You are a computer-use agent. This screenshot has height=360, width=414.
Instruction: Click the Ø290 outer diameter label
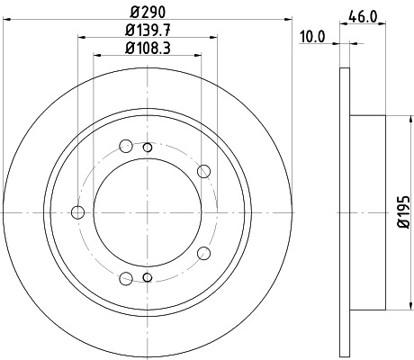coord(147,13)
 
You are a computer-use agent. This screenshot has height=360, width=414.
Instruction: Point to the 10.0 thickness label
coord(312,36)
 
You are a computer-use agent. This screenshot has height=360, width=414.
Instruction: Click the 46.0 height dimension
coord(363,15)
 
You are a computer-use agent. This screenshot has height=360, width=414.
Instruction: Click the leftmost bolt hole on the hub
coord(77,212)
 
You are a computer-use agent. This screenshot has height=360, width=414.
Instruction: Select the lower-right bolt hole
coord(203,254)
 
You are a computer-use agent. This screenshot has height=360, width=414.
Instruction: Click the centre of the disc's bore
coord(148,212)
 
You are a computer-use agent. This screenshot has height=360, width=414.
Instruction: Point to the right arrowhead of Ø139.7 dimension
coord(215,38)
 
